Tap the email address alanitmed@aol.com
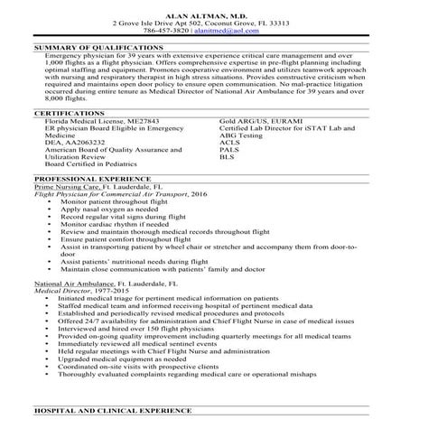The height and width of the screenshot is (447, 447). tap(257, 29)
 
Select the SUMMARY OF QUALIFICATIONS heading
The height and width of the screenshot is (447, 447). tap(98, 46)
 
